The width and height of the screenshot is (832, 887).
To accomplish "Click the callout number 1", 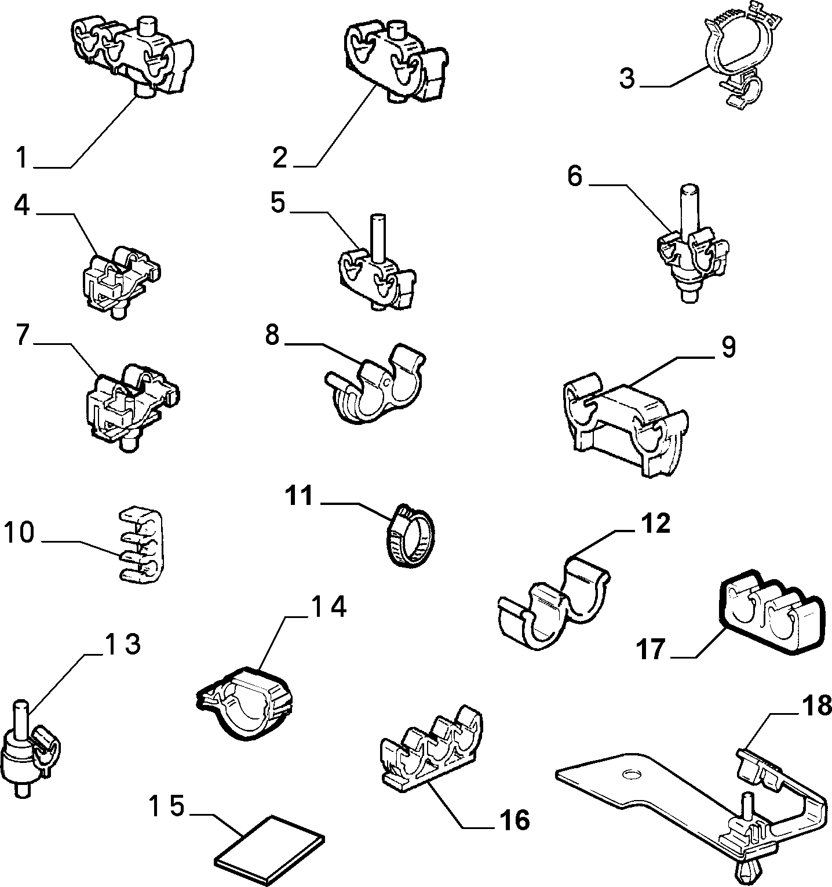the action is point(21,158).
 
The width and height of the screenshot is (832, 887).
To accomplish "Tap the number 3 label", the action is point(626,79).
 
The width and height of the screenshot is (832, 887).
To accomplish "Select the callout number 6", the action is point(574,177).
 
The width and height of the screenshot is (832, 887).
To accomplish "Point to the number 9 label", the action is point(728,347).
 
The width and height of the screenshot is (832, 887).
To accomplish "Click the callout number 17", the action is point(652,650).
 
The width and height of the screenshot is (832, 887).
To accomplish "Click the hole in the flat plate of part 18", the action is point(630,774).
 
